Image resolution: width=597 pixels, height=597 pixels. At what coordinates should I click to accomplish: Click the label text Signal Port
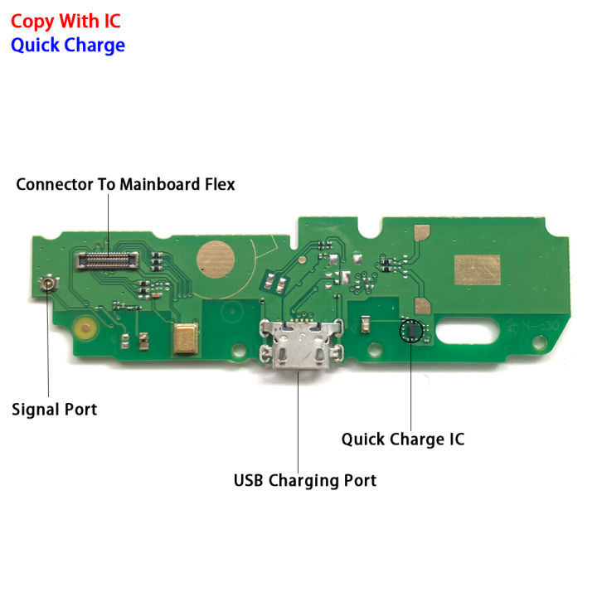54,409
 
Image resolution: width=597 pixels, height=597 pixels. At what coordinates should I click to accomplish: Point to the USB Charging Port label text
304,480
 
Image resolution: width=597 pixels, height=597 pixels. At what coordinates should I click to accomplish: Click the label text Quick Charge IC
402,439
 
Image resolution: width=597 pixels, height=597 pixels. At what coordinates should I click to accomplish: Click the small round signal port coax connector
50,285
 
